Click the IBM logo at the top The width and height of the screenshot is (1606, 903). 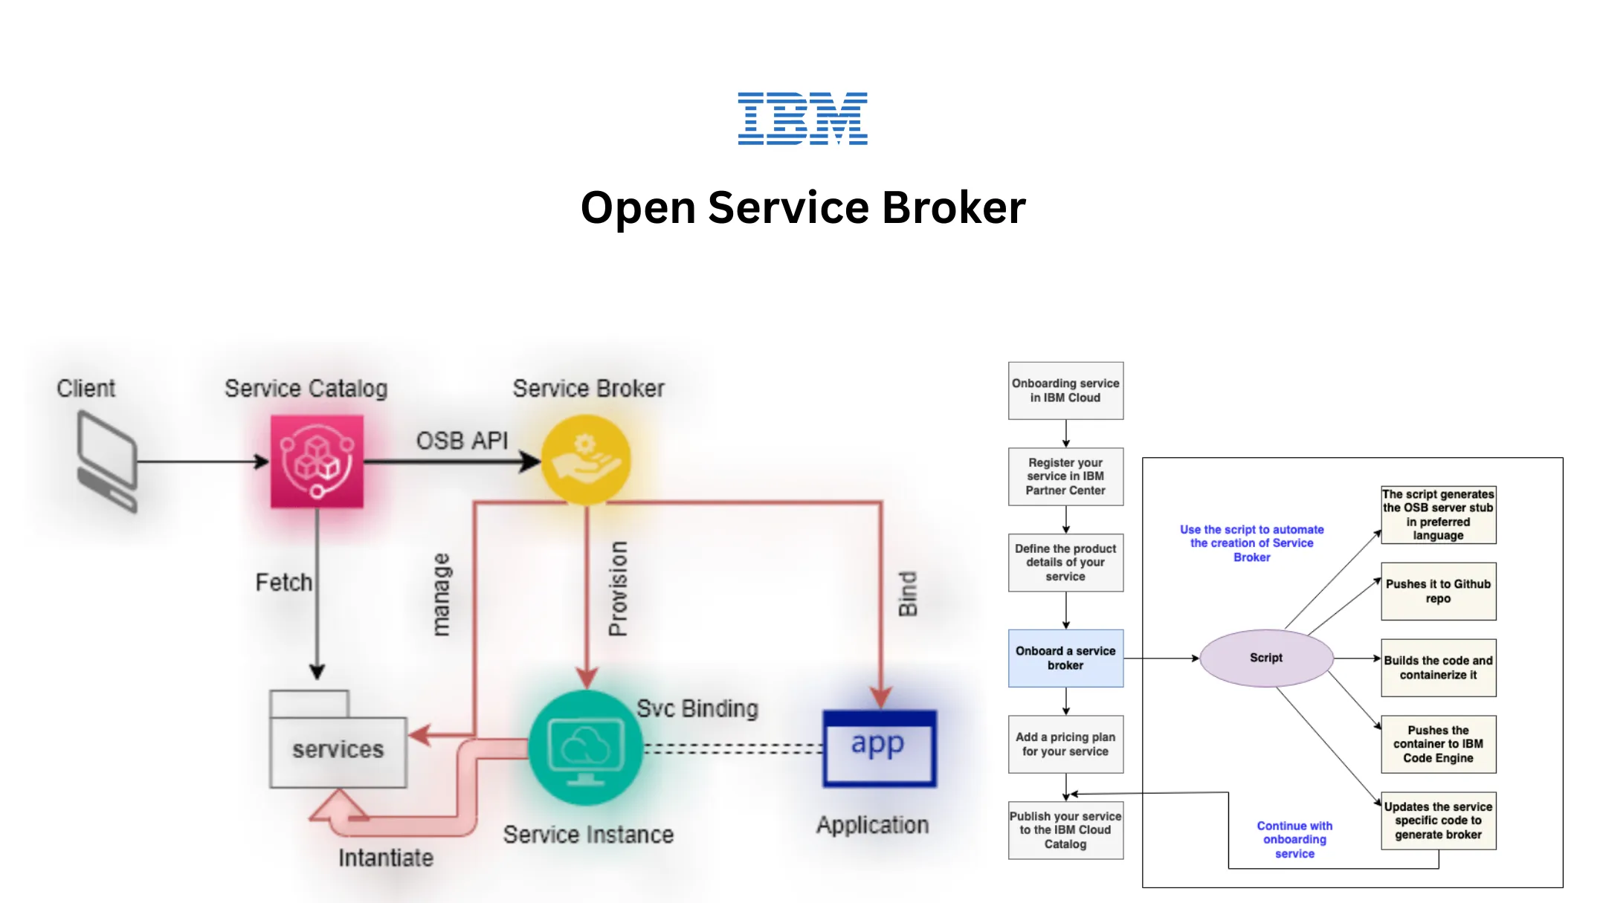(802, 118)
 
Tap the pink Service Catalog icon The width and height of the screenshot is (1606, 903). (317, 462)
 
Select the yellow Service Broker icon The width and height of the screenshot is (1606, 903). (586, 460)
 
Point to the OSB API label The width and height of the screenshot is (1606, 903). (462, 441)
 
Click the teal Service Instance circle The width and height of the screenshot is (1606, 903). (586, 748)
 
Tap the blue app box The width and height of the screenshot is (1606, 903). (879, 748)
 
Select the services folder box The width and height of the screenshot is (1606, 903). (338, 749)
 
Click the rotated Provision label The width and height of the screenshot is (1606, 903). (618, 588)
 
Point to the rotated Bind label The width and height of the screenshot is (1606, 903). (908, 594)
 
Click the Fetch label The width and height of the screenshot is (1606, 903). (283, 582)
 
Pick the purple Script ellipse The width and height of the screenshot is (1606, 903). (1266, 658)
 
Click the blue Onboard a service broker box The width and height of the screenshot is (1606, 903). (1065, 658)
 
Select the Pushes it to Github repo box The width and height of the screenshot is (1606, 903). (1438, 591)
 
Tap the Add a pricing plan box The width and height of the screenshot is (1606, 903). (1065, 744)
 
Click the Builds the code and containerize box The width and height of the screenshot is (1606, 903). (1438, 667)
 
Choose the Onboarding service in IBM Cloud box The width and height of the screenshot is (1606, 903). (1065, 390)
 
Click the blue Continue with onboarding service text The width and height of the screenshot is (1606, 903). (1294, 839)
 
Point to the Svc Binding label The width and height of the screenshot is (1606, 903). (697, 709)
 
